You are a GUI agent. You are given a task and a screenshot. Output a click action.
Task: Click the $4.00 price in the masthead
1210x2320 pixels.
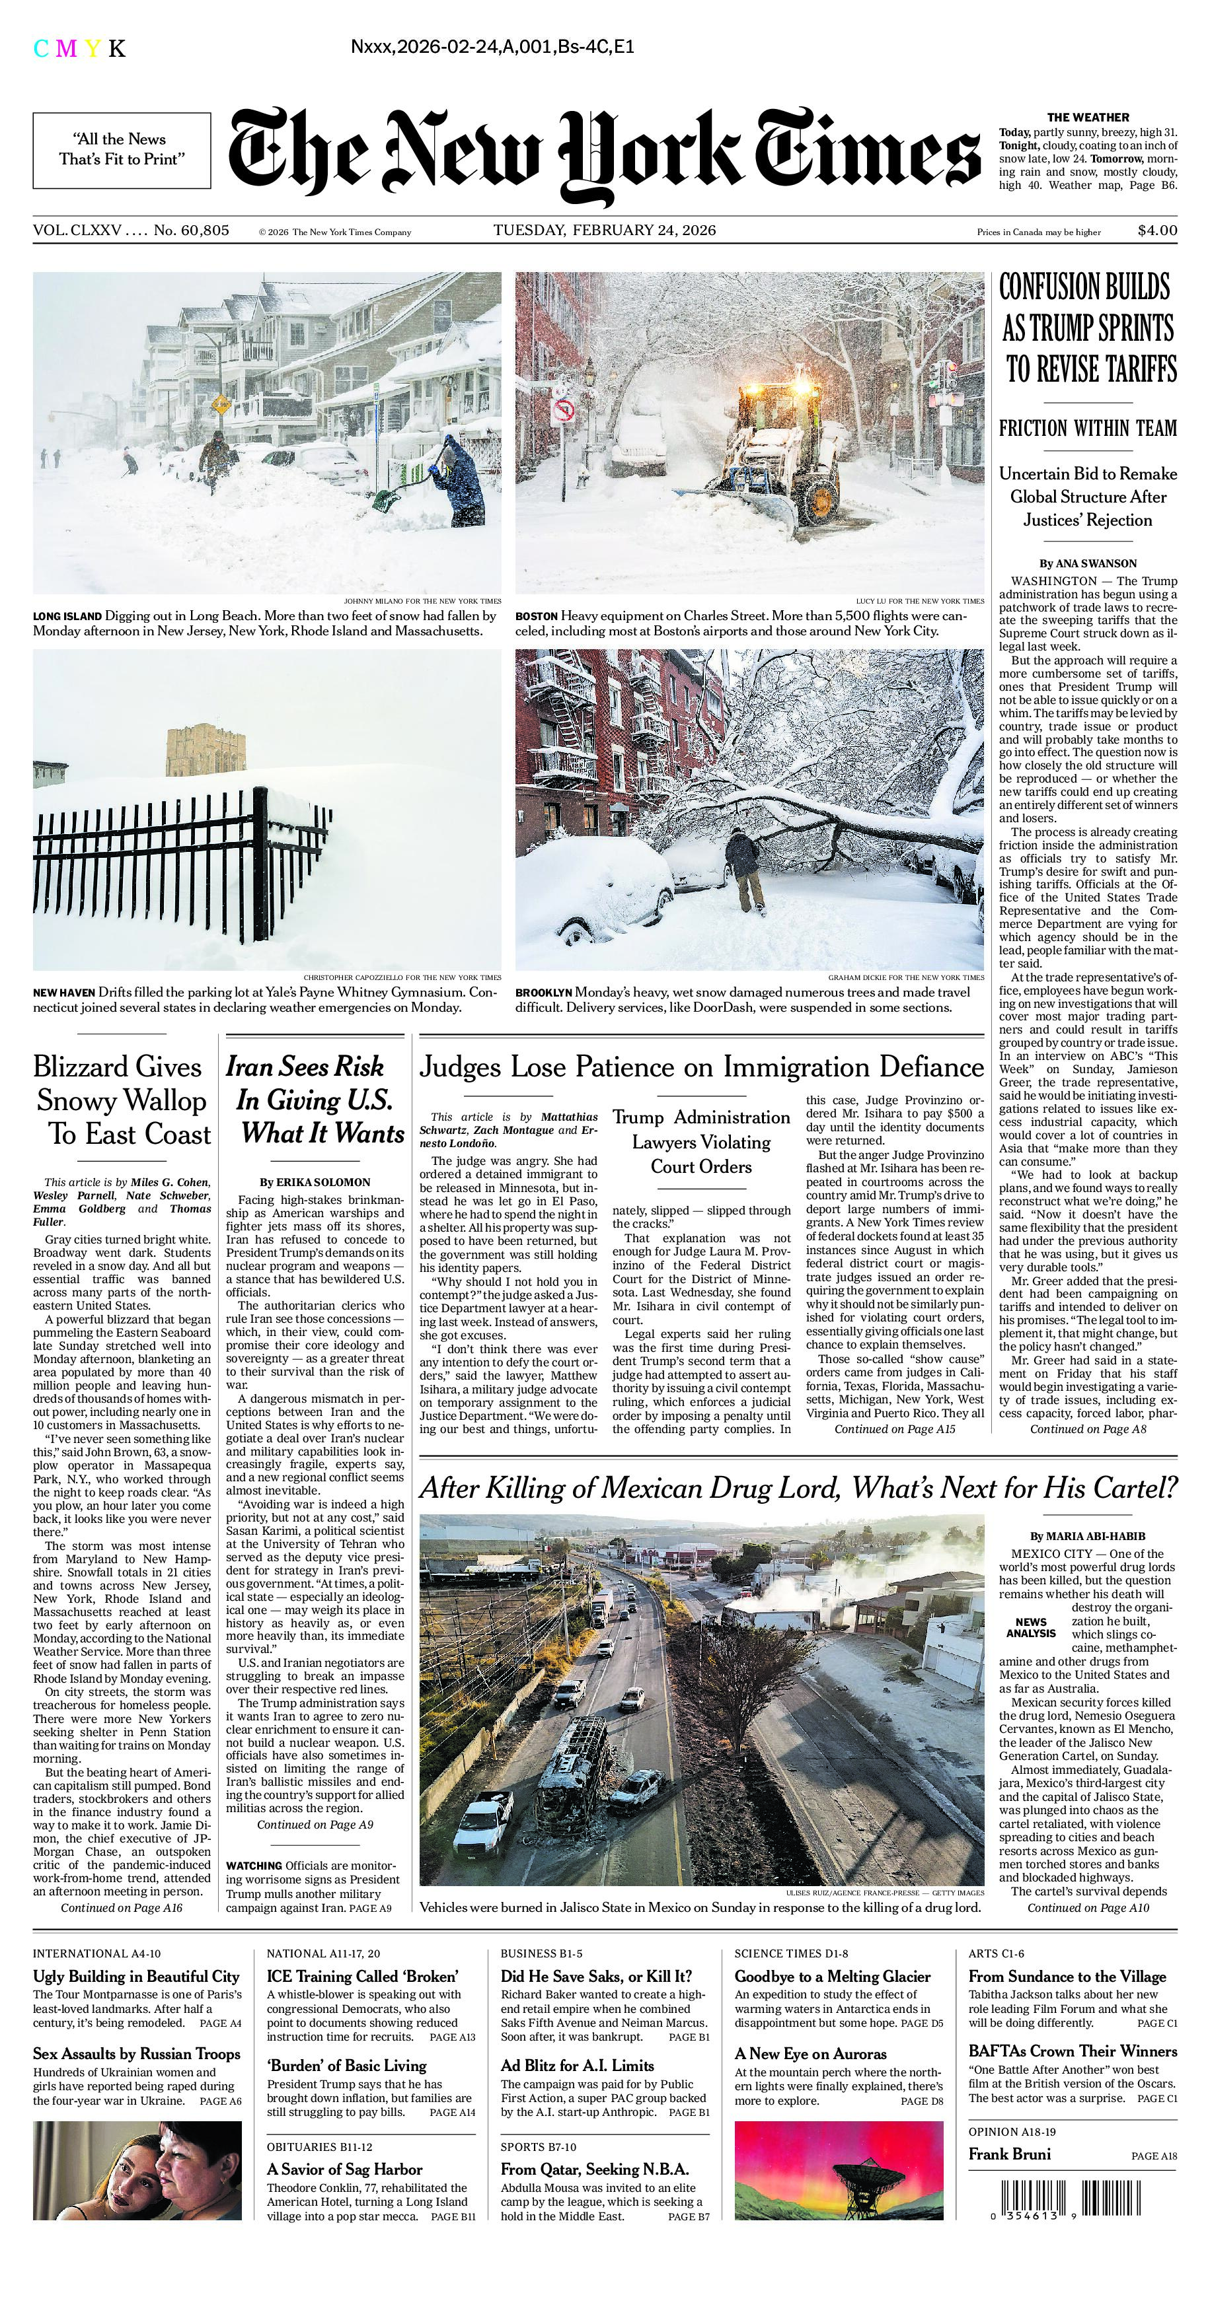(1157, 230)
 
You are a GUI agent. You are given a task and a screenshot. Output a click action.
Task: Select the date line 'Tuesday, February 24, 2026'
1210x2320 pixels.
(605, 230)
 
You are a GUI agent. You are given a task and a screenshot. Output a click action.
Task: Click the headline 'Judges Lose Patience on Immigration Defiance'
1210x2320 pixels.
(701, 1067)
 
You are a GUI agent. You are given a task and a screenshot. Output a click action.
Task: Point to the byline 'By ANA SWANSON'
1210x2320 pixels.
(1088, 563)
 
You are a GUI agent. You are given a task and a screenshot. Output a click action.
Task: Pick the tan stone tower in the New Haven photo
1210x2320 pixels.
(206, 752)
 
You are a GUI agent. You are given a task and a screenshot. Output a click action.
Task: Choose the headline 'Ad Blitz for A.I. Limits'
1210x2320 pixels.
(578, 2065)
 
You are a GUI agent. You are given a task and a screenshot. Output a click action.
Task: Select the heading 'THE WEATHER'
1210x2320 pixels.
(1088, 117)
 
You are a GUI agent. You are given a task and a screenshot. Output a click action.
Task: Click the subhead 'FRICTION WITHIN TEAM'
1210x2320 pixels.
(1088, 429)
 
